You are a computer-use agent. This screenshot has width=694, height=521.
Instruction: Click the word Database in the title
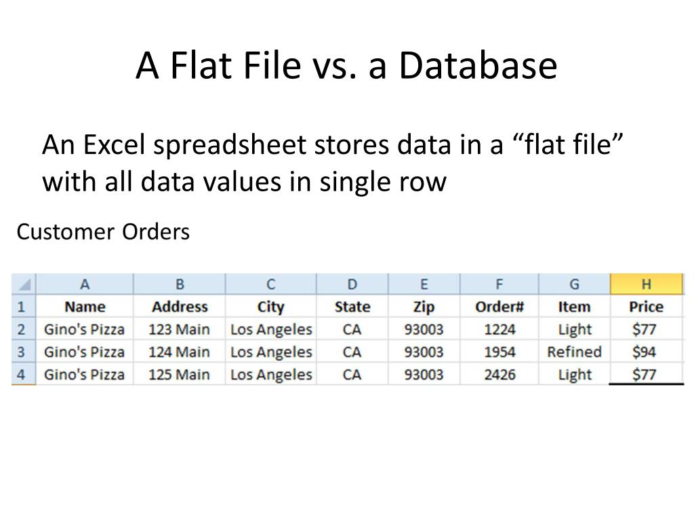click(478, 66)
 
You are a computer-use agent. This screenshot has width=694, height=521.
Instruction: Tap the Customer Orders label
click(103, 232)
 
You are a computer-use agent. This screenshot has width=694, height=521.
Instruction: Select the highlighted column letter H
click(646, 284)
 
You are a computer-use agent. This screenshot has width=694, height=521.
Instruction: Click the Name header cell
click(85, 307)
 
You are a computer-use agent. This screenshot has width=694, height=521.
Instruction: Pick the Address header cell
click(180, 307)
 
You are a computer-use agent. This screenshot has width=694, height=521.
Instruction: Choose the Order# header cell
click(499, 307)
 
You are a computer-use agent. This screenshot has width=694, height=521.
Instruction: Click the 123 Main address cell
click(180, 330)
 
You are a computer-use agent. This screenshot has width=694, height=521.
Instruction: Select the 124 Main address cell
click(180, 352)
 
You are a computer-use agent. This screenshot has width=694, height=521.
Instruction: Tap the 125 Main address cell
click(180, 374)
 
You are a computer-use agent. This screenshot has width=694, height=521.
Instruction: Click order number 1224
click(499, 330)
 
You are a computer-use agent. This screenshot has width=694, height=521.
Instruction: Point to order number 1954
click(499, 352)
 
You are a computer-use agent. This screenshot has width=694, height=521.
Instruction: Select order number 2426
click(499, 374)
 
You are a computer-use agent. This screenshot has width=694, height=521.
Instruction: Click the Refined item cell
click(574, 352)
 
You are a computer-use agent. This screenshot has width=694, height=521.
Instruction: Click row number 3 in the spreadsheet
click(22, 352)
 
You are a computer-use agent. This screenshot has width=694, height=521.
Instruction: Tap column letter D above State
click(352, 284)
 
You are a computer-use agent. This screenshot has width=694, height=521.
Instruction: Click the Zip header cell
click(424, 307)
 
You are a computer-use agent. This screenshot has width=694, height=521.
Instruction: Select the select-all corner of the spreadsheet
click(23, 284)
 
